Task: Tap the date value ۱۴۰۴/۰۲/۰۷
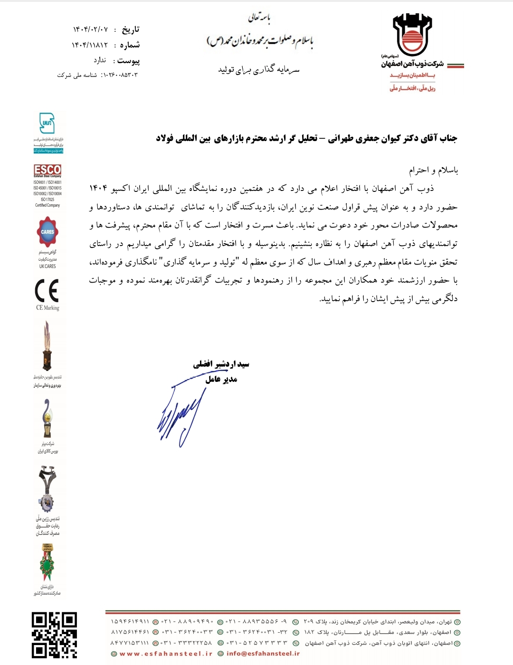pyautogui.click(x=90, y=29)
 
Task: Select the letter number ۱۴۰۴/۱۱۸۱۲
pyautogui.click(x=90, y=45)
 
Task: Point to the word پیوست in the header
pyautogui.click(x=128, y=61)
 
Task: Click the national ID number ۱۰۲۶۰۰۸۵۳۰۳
pyautogui.click(x=119, y=75)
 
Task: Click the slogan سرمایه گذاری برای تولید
pyautogui.click(x=259, y=70)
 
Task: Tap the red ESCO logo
pyautogui.click(x=47, y=170)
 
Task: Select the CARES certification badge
pyautogui.click(x=47, y=232)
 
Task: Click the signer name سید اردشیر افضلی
pyautogui.click(x=221, y=364)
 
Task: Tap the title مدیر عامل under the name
pyautogui.click(x=221, y=379)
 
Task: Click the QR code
pyautogui.click(x=54, y=635)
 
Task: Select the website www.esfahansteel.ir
pyautogui.click(x=166, y=654)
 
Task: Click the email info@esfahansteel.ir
pyautogui.click(x=263, y=654)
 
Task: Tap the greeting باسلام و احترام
pyautogui.click(x=433, y=170)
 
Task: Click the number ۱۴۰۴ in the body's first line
pyautogui.click(x=98, y=189)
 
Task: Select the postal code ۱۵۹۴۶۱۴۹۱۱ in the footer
pyautogui.click(x=130, y=621)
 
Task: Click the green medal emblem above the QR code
pyautogui.click(x=47, y=563)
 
